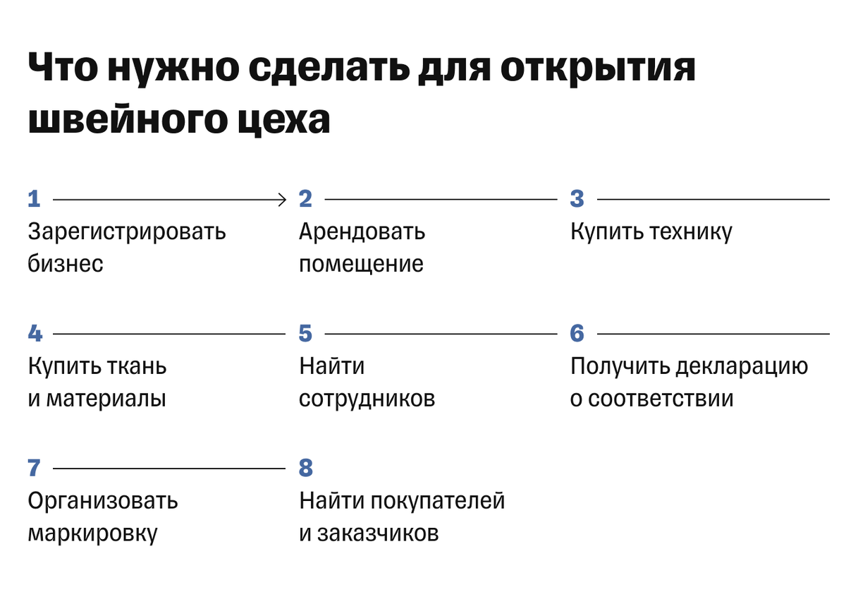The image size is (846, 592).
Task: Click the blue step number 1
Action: [34, 200]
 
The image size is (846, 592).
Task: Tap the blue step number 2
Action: [305, 200]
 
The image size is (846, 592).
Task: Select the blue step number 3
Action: [577, 200]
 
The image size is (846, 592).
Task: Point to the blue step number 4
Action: [35, 334]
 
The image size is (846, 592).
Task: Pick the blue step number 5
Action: [305, 334]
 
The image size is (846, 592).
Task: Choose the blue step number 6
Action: [577, 334]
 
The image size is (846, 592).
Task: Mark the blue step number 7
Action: [35, 468]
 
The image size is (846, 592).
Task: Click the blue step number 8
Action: [305, 468]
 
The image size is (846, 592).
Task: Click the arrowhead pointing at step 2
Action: [282, 200]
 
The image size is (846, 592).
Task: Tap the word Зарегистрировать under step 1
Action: [127, 232]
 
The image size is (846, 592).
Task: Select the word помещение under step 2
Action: [361, 265]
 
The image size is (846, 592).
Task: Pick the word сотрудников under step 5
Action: [367, 399]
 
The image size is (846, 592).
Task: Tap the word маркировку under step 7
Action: [92, 533]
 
